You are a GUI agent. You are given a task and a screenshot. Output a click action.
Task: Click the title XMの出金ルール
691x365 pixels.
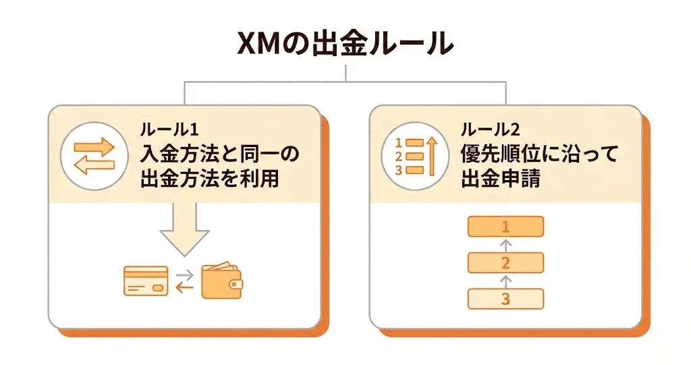345,45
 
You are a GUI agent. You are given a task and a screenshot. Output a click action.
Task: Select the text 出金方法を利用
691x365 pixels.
209,179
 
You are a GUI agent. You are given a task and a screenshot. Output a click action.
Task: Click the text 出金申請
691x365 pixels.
500,179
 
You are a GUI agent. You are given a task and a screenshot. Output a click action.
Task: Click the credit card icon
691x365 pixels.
146,280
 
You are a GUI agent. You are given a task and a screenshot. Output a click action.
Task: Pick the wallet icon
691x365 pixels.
222,281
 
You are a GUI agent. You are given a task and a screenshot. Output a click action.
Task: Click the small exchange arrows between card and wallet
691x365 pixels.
184,281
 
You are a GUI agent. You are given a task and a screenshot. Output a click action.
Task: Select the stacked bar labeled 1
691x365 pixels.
505,226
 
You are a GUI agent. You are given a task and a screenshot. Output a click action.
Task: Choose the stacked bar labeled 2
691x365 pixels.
505,262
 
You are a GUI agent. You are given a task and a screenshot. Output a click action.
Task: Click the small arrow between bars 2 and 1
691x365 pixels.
505,244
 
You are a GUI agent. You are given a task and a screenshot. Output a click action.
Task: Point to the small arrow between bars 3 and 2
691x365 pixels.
505,280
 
